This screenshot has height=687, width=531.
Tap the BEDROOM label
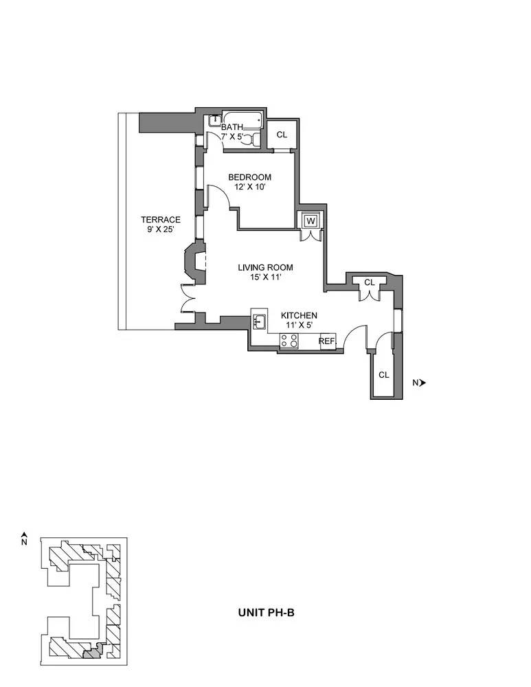249,177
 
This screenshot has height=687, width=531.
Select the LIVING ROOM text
265,267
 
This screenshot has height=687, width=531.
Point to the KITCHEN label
299,315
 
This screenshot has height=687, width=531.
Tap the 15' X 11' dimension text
265,278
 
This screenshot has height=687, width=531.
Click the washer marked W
310,220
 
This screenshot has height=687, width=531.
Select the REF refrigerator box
326,341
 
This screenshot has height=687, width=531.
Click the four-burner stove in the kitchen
288,341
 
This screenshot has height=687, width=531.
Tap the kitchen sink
260,321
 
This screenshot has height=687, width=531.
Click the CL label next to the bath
282,135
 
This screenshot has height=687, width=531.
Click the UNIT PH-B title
266,613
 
